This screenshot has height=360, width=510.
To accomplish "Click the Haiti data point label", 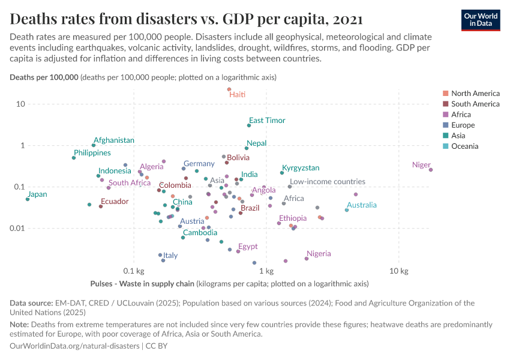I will pyautogui.click(x=238, y=95).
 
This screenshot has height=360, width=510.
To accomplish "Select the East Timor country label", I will pyautogui.click(x=267, y=121).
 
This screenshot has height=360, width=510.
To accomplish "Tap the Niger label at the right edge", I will pyautogui.click(x=422, y=165).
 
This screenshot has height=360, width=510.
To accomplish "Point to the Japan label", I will pyautogui.click(x=37, y=194).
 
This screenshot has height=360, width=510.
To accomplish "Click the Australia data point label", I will pyautogui.click(x=362, y=205).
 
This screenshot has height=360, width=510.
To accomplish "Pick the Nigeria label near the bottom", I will pyautogui.click(x=319, y=254).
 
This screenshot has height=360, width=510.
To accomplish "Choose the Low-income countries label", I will pyautogui.click(x=327, y=182).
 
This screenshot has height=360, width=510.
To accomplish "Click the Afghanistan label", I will pyautogui.click(x=114, y=140).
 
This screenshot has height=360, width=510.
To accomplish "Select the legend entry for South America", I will pyautogui.click(x=475, y=104).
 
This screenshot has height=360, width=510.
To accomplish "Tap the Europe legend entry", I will pyautogui.click(x=463, y=125).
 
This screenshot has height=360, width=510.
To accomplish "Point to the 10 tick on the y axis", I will pyautogui.click(x=20, y=104).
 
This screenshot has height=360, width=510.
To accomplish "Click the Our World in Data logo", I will pyautogui.click(x=481, y=20).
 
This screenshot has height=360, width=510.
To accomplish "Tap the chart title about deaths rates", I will pyautogui.click(x=186, y=20).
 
